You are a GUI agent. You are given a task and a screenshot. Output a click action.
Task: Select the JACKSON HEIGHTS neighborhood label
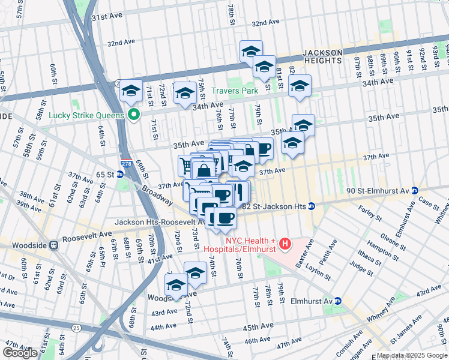(x=322, y=58)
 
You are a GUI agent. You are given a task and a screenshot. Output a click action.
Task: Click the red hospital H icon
(x=285, y=244)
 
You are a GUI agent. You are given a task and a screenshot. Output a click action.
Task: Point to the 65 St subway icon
(x=119, y=174)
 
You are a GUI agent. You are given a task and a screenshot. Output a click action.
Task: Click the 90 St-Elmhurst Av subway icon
(x=414, y=190)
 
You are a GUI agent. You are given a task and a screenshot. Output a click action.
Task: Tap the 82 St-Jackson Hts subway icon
(x=312, y=206)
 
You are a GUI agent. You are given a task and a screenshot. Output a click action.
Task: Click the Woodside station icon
(x=54, y=245)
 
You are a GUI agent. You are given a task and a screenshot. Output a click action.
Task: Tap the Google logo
(x=20, y=353)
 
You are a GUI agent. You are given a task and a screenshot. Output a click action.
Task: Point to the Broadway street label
(x=155, y=192)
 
